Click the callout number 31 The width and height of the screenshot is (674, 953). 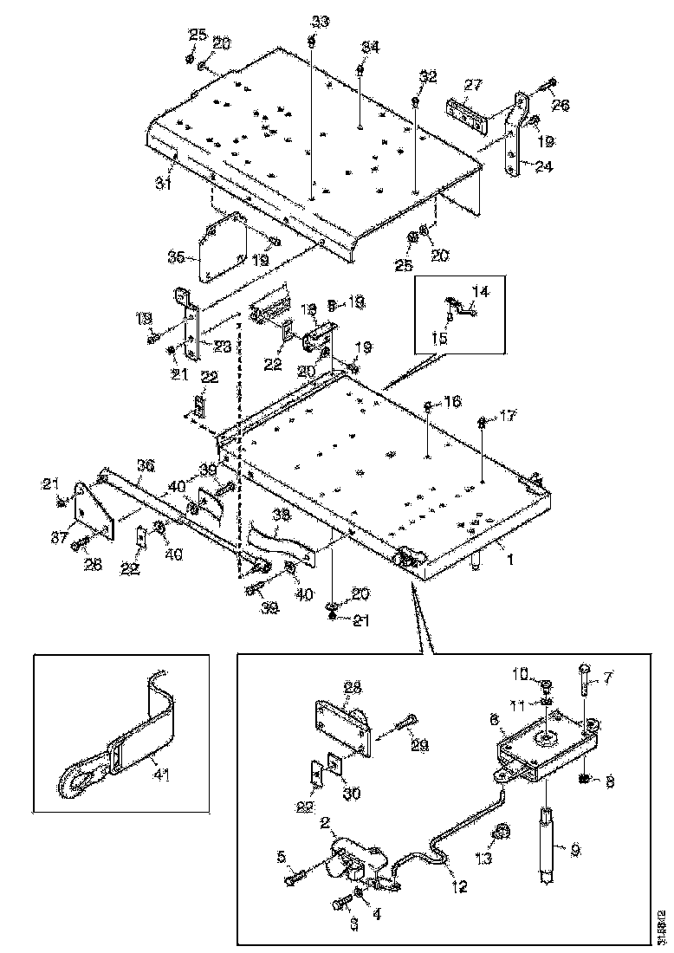coord(162,183)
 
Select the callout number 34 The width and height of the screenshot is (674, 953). coord(370,49)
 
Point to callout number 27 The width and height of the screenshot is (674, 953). coord(473,87)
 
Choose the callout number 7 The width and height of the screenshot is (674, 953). coord(605,676)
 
